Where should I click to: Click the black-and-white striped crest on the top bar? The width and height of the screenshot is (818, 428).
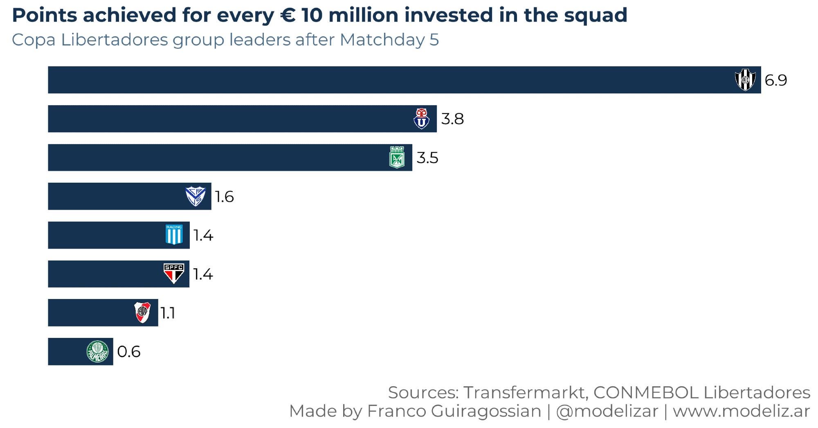click(x=745, y=79)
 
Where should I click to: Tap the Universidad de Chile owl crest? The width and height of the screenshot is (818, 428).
click(x=421, y=118)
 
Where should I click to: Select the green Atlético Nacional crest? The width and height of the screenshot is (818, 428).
click(x=397, y=157)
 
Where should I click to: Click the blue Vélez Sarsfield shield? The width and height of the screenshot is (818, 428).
click(x=195, y=196)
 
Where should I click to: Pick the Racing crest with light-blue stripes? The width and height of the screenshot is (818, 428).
click(x=174, y=235)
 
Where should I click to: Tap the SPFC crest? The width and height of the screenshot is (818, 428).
click(x=174, y=274)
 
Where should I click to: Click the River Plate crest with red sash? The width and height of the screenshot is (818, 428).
click(x=142, y=312)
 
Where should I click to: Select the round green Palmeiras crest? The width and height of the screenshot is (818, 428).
click(x=98, y=351)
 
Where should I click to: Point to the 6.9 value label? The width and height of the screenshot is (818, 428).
click(x=775, y=80)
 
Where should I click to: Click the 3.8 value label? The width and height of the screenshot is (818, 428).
click(x=452, y=119)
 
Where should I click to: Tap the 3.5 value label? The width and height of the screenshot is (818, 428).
click(x=427, y=158)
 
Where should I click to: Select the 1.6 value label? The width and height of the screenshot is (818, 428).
click(x=225, y=197)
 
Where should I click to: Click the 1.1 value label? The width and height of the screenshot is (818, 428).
click(x=168, y=313)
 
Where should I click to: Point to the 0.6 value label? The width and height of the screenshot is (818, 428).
click(x=128, y=352)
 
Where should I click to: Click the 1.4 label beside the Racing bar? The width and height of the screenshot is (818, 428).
click(x=203, y=235)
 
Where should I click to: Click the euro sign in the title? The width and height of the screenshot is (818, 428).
click(x=288, y=15)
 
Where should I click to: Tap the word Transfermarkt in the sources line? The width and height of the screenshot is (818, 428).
click(x=526, y=392)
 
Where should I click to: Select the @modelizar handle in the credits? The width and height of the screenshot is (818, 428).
click(x=607, y=411)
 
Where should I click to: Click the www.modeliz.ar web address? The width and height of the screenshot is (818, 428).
click(x=741, y=411)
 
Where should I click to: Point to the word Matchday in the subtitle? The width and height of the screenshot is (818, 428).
click(x=382, y=40)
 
